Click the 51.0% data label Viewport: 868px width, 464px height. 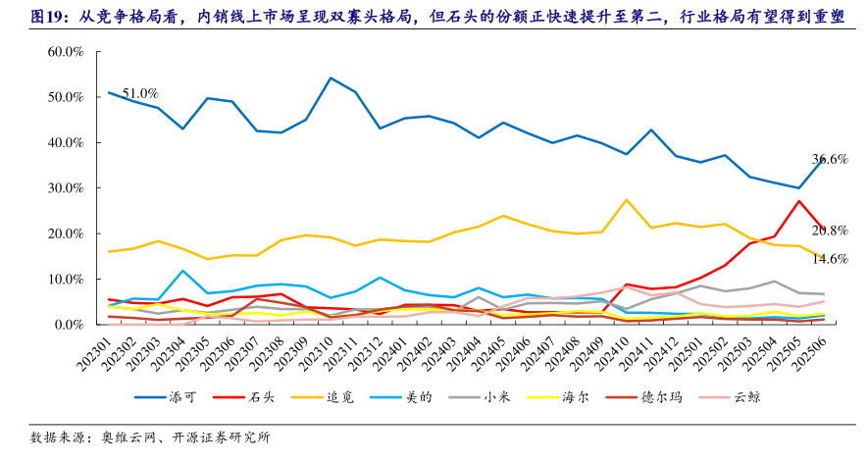(x=140, y=93)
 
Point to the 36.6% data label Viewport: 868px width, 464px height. (x=830, y=159)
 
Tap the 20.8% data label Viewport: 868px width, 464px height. (x=830, y=231)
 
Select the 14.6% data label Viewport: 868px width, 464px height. (x=830, y=259)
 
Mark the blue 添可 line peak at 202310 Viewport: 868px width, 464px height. (x=331, y=77)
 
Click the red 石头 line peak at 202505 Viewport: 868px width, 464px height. (x=799, y=201)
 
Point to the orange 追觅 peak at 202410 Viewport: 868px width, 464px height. (x=627, y=200)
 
